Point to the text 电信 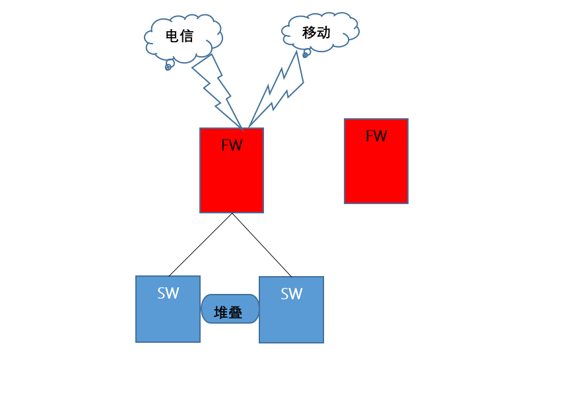click(x=179, y=36)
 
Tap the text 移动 click(x=316, y=32)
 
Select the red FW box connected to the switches click(x=232, y=178)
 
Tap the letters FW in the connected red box click(x=232, y=145)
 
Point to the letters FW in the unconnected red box click(x=376, y=136)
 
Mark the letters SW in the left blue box click(x=168, y=293)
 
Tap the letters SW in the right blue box click(x=291, y=294)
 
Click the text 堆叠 click(x=228, y=313)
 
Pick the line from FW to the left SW click(x=200, y=244)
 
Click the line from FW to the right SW click(x=262, y=245)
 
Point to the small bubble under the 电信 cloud click(x=168, y=66)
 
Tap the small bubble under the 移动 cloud click(x=305, y=55)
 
